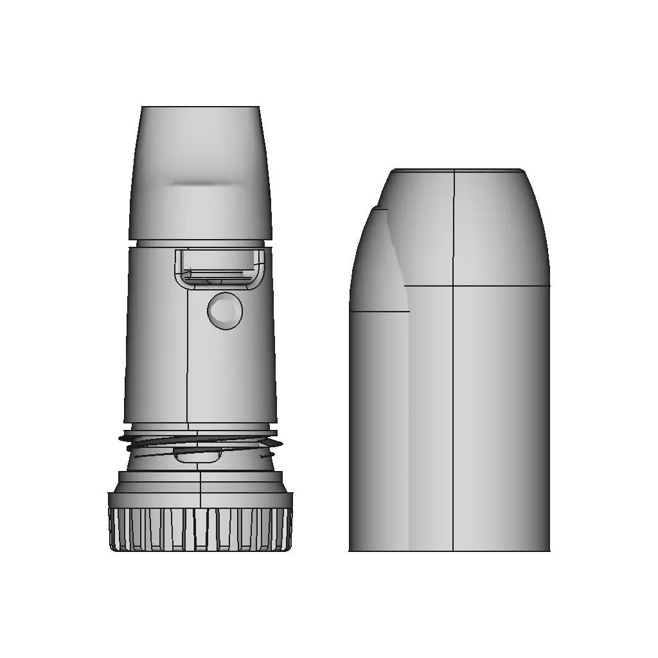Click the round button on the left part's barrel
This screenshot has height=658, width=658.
pyautogui.click(x=225, y=311)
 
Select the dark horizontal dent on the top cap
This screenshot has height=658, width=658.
pyautogui.click(x=200, y=184)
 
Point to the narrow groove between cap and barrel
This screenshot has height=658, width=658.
pyautogui.click(x=200, y=244)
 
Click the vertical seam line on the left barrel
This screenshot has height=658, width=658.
pyautogui.click(x=188, y=360)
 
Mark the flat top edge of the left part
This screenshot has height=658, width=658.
pyautogui.click(x=200, y=107)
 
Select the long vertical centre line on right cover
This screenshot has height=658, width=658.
pyautogui.click(x=453, y=418)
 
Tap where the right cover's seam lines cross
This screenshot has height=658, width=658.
pyautogui.click(x=453, y=285)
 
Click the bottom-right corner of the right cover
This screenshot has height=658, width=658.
pyautogui.click(x=549, y=550)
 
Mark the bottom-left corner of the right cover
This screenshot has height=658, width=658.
pyautogui.click(x=350, y=550)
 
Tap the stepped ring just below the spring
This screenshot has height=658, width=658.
pyautogui.click(x=200, y=477)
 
